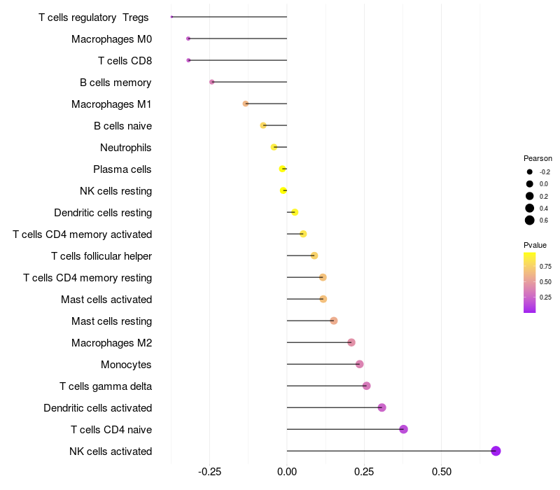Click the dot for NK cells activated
pyautogui.click(x=496, y=451)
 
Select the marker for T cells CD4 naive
pyautogui.click(x=403, y=429)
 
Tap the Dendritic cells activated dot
pyautogui.click(x=381, y=407)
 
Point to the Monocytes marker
pyautogui.click(x=359, y=364)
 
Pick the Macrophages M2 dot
pyautogui.click(x=351, y=342)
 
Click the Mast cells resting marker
pyautogui.click(x=334, y=321)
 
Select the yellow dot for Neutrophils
pyautogui.click(x=274, y=147)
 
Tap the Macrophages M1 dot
pyautogui.click(x=246, y=104)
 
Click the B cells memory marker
pyautogui.click(x=212, y=82)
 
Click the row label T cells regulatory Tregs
pyautogui.click(x=94, y=17)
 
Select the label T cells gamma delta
pyautogui.click(x=106, y=386)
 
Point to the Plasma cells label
pyautogui.click(x=122, y=169)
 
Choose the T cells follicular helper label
pyautogui.click(x=101, y=256)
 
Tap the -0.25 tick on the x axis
pyautogui.click(x=210, y=472)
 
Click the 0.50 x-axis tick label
pyautogui.click(x=442, y=472)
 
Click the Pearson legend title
pyautogui.click(x=538, y=158)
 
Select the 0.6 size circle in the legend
pyautogui.click(x=530, y=220)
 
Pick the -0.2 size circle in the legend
pyautogui.click(x=530, y=171)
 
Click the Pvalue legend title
pyautogui.click(x=535, y=245)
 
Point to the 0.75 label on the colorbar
pyautogui.click(x=546, y=267)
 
